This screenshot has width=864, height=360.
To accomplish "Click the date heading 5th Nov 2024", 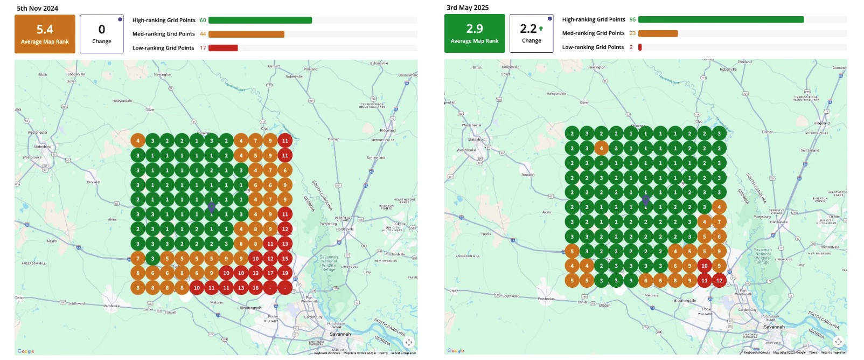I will [x=37, y=8].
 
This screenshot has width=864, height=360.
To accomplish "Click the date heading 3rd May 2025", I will [x=467, y=8].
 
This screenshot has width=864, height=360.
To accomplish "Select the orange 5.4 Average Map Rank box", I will [x=45, y=34].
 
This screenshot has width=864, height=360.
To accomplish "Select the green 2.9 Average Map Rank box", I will [x=475, y=33].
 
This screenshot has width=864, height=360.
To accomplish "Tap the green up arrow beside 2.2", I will [x=541, y=29].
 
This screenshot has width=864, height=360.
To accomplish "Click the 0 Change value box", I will [x=102, y=34].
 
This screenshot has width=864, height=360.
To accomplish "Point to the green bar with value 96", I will [x=721, y=19].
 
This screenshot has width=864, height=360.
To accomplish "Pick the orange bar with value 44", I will [x=246, y=34].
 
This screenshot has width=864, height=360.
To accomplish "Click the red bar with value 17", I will [x=223, y=48].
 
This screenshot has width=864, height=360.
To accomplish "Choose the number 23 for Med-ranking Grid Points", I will [x=632, y=33].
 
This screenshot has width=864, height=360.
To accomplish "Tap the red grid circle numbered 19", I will [x=285, y=273].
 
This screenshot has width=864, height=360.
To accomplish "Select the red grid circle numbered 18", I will [x=255, y=288].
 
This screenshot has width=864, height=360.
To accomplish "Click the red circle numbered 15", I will [x=285, y=259].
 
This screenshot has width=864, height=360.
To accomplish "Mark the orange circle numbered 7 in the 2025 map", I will [x=719, y=221].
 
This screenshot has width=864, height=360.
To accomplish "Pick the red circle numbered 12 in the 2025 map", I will [x=719, y=280].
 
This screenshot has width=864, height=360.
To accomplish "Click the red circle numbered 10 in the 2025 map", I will [x=705, y=266].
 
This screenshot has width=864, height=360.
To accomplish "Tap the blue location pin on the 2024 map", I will [x=212, y=206].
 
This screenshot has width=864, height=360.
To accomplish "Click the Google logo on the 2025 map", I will [x=456, y=351].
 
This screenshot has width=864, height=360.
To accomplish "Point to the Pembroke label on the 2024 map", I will [x=112, y=306].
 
